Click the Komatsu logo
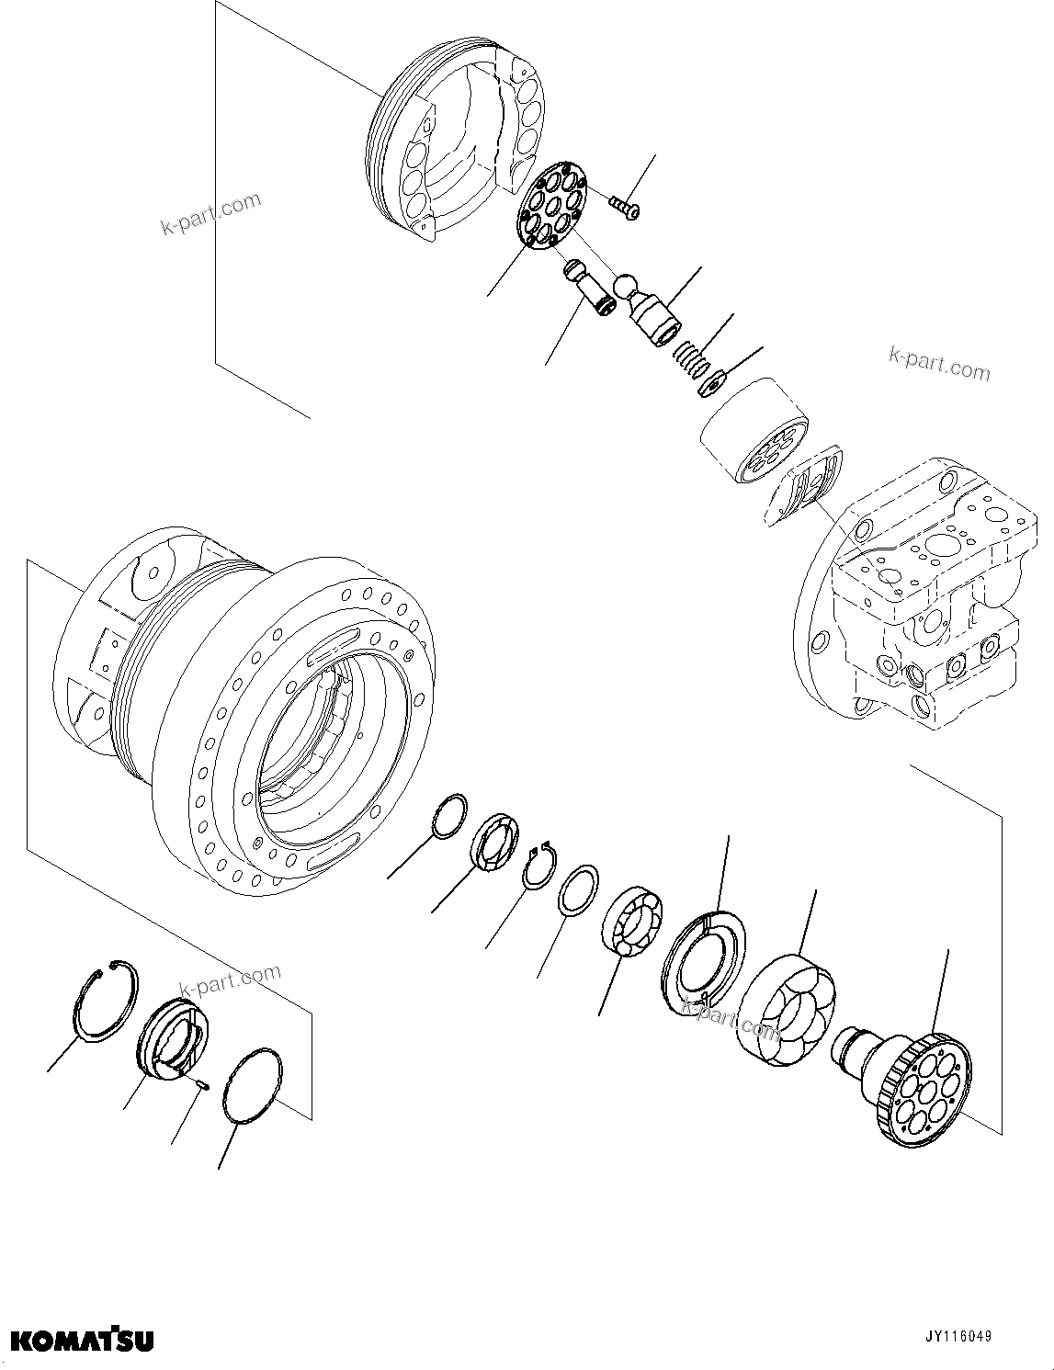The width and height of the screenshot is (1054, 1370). tap(82, 1341)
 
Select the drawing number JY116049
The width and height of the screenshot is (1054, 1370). tap(958, 1337)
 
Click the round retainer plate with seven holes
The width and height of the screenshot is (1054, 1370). tap(550, 205)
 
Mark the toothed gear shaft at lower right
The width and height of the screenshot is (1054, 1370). tap(910, 1084)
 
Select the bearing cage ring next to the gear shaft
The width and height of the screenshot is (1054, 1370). tap(788, 1010)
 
